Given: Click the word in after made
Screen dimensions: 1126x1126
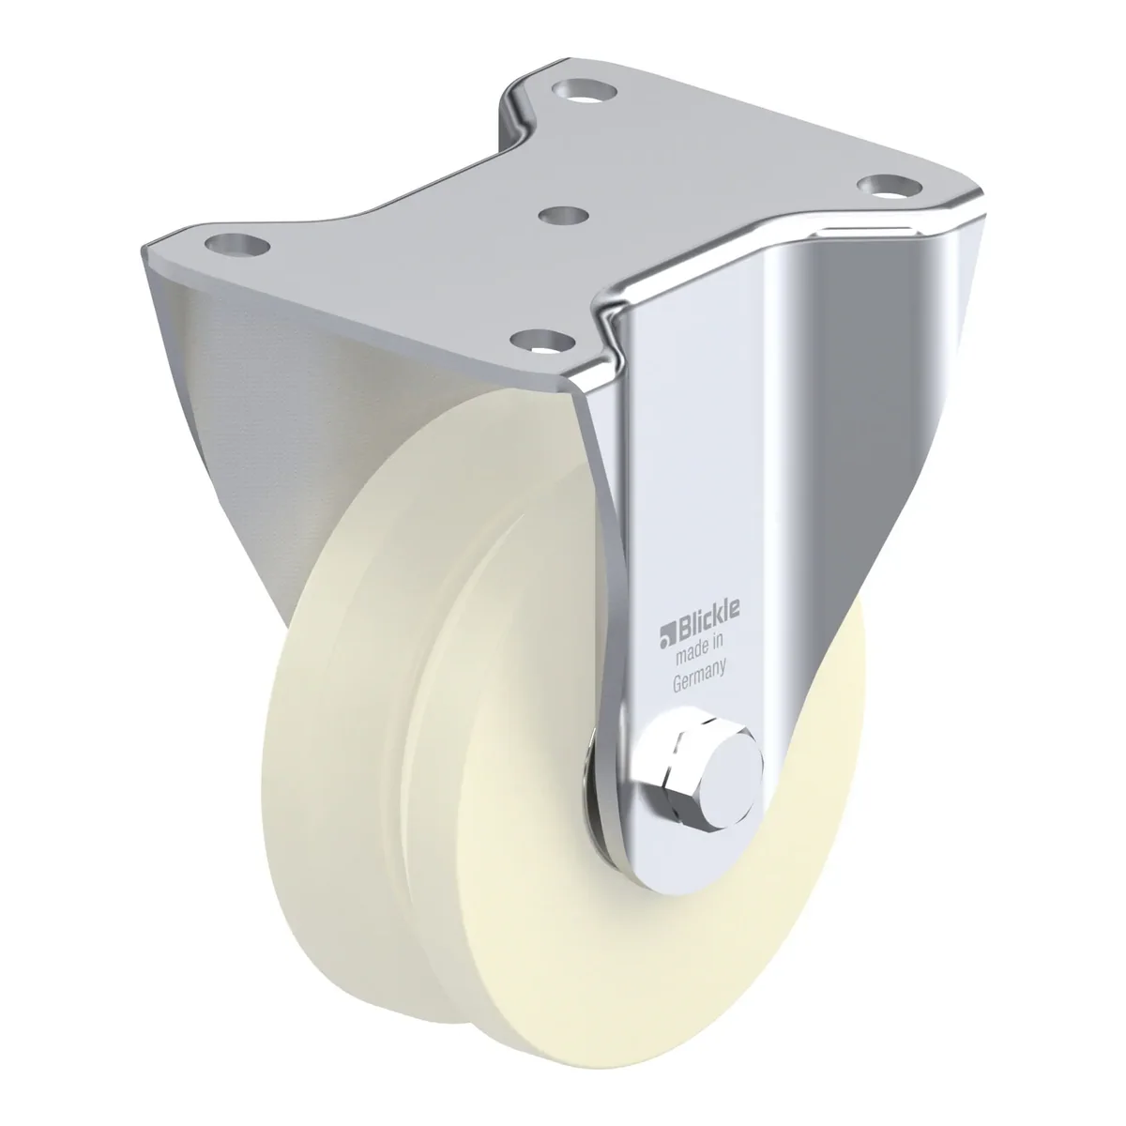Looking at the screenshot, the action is pyautogui.click(x=716, y=647).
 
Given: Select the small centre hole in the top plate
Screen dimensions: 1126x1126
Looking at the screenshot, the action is pyautogui.click(x=563, y=216).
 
